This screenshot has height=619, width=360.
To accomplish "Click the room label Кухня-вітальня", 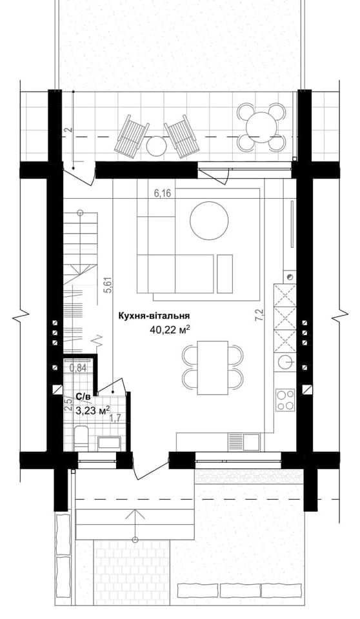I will tap(153, 316).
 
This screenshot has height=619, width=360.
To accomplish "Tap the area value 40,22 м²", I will tap(169, 329).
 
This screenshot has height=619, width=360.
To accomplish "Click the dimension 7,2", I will tap(259, 316).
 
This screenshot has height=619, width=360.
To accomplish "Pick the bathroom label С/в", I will tap(83, 397).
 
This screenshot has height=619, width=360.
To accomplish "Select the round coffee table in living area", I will tap(209, 220).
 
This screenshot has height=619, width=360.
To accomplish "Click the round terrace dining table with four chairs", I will tap(262, 127).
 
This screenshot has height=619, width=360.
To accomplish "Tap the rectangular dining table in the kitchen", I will tap(212, 368).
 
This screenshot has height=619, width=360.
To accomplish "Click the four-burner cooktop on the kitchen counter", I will tap(285, 400).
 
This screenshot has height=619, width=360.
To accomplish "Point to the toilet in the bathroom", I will tap(81, 438).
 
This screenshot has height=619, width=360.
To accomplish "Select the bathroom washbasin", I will tap(109, 443).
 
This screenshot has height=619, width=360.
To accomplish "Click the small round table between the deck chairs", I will tap(156, 146).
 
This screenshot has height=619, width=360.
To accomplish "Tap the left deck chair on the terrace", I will tap(133, 135).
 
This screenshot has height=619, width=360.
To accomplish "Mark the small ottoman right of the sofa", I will tap(225, 273).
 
